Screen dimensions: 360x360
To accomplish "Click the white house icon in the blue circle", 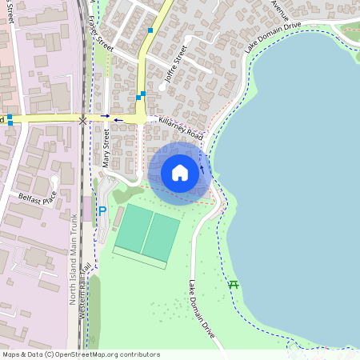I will [180, 173].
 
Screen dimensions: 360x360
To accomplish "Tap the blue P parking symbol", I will [102, 211].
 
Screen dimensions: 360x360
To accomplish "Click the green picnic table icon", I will [234, 284].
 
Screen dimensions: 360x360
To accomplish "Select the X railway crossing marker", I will [84, 119].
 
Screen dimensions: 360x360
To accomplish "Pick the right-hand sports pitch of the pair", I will [162, 237].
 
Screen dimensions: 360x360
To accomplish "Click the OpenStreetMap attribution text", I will [82, 354].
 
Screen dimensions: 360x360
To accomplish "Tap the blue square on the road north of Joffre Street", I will [150, 30].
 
